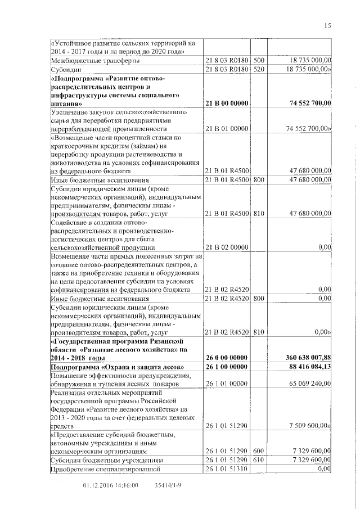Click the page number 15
click(x=328, y=25)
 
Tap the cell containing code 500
click(x=259, y=61)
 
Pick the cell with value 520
click(x=259, y=70)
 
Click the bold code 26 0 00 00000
click(x=226, y=358)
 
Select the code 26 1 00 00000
click(x=226, y=367)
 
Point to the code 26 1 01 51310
click(x=226, y=469)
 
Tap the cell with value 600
click(x=259, y=451)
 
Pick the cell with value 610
click(x=259, y=460)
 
